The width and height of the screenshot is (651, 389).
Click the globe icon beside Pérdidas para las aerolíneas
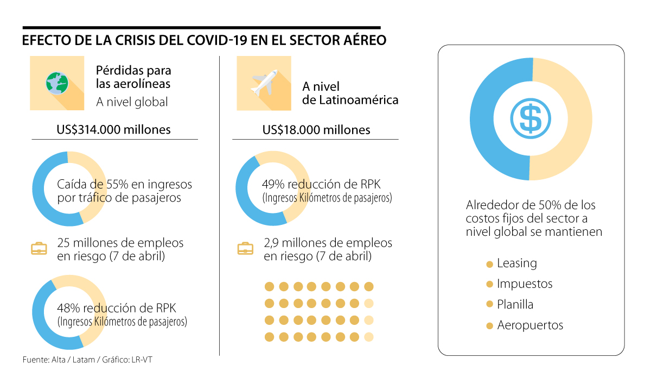coord(57,83)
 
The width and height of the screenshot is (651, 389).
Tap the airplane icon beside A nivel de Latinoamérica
coord(264,83)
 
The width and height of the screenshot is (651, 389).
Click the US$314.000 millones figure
coord(114,130)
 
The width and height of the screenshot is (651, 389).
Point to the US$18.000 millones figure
coord(316,130)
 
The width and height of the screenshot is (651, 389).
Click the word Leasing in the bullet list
coord(517,263)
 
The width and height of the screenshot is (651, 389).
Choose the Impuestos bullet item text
coord(525,284)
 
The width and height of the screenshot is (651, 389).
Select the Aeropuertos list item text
coord(530,325)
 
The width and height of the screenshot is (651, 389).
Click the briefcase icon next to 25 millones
coord(39,249)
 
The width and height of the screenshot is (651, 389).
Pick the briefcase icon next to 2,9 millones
coord(246,249)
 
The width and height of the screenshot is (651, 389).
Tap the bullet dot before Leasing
coord(489,265)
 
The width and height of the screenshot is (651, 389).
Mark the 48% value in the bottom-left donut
coord(68,308)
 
